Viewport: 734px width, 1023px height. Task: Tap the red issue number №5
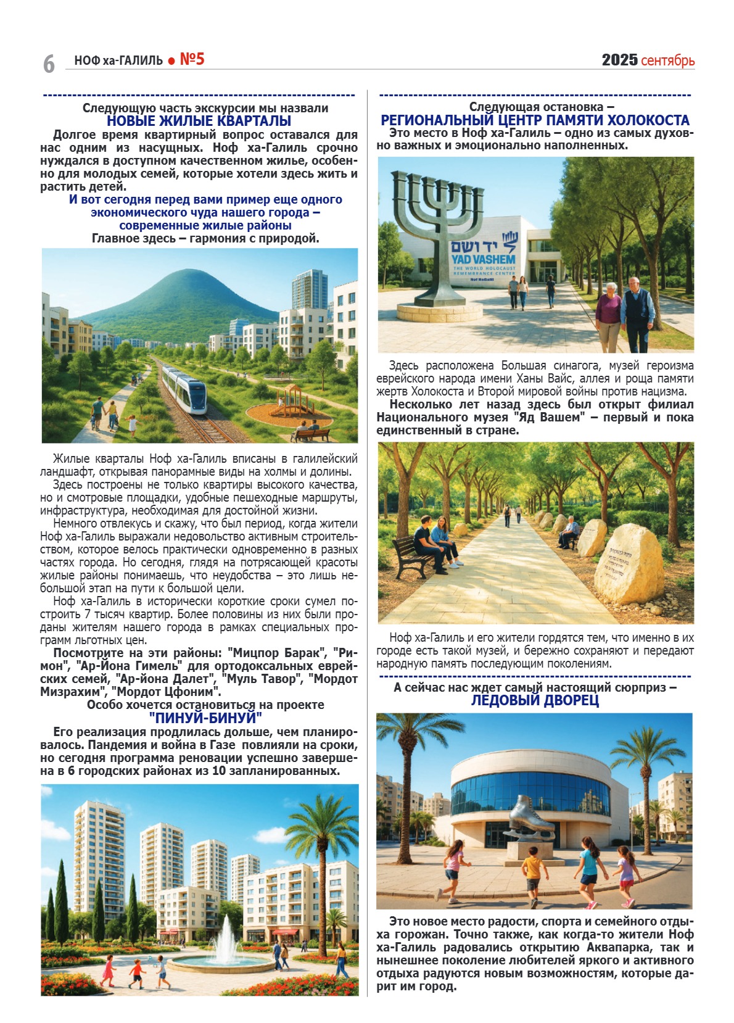pos(192,59)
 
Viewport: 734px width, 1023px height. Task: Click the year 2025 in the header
pos(619,60)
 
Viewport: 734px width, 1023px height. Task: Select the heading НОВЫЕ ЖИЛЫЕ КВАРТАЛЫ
pos(199,121)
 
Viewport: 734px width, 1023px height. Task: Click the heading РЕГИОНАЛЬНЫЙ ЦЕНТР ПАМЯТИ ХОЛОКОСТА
pos(535,120)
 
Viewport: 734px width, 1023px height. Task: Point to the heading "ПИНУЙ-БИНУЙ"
pos(205,718)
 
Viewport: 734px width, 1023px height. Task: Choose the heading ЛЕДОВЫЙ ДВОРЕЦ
pos(535,700)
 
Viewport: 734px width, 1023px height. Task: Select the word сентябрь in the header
pos(667,60)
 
